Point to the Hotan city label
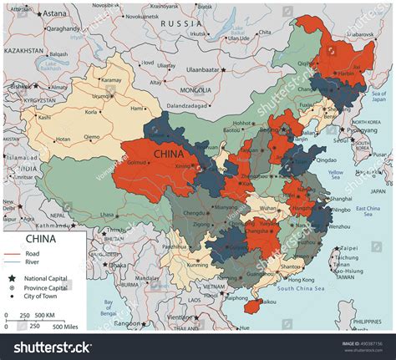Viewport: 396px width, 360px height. [63, 139]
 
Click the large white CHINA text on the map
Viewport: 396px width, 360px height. [170, 154]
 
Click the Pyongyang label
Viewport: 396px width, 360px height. [362, 130]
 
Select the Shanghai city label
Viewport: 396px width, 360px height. [341, 199]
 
